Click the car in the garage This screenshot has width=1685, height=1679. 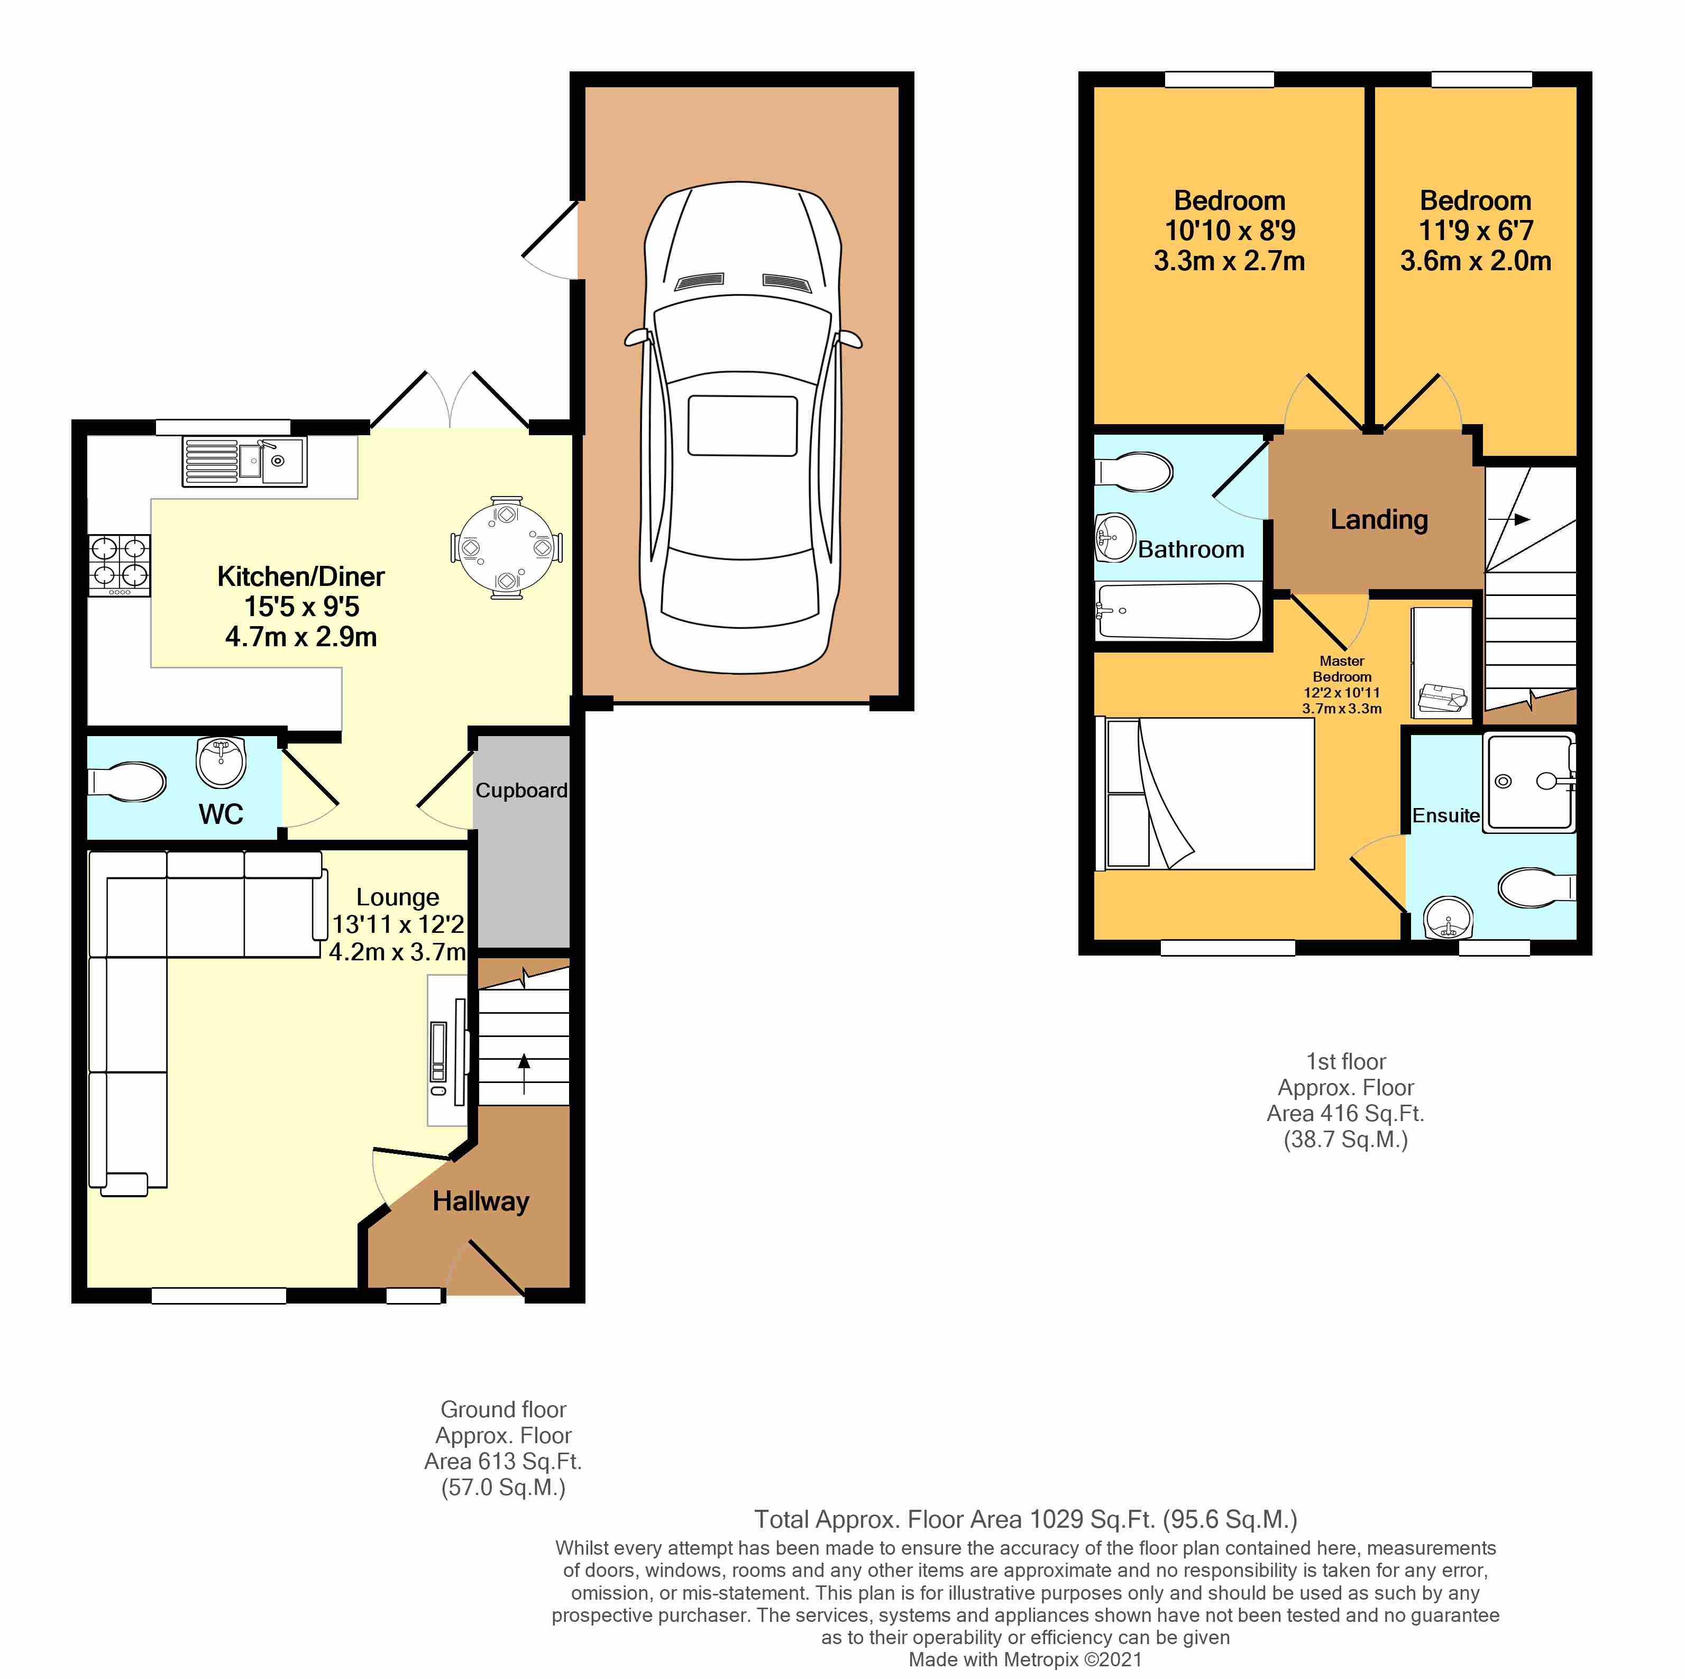pos(743,427)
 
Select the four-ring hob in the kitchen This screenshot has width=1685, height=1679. pos(120,566)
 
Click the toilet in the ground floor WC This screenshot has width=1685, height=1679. pos(127,782)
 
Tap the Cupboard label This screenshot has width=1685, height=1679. pos(521,790)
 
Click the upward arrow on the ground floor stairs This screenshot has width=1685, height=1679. pos(524,1074)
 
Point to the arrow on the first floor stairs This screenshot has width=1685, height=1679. pos(1509,520)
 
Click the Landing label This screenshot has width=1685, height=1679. pos(1379,520)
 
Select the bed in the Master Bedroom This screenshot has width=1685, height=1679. pos(1210,793)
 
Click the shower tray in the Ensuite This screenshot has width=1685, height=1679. pos(1530,782)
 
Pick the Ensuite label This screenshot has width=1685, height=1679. pos(1446,815)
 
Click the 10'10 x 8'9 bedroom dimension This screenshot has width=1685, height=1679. pos(1230,230)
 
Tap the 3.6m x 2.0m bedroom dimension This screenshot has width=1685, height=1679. pos(1476,261)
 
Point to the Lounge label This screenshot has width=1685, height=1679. pos(398,897)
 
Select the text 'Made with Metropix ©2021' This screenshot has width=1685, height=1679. pos(1025,1660)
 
